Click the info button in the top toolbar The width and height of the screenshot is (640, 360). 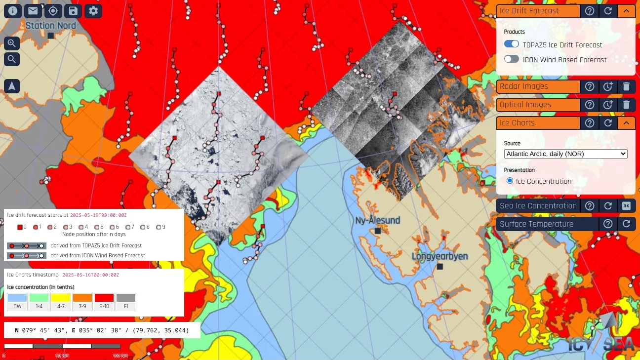pyautogui.click(x=13, y=10)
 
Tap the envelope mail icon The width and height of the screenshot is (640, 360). pyautogui.click(x=33, y=10)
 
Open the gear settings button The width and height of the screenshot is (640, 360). pyautogui.click(x=93, y=10)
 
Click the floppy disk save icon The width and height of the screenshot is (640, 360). pyautogui.click(x=73, y=10)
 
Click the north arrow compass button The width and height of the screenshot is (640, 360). pyautogui.click(x=12, y=86)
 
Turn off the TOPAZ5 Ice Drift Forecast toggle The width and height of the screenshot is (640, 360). pyautogui.click(x=512, y=44)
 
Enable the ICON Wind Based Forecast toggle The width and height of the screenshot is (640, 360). pyautogui.click(x=512, y=59)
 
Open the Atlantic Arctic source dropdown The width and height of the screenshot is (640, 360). pyautogui.click(x=565, y=154)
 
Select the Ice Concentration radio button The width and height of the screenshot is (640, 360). pyautogui.click(x=510, y=181)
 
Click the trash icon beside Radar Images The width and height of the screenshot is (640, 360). pyautogui.click(x=626, y=86)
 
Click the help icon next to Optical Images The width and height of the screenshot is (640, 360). pyautogui.click(x=590, y=105)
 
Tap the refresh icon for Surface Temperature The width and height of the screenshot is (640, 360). pyautogui.click(x=626, y=224)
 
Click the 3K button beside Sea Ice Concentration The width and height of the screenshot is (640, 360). pyautogui.click(x=626, y=206)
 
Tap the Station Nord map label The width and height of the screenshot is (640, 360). pyautogui.click(x=51, y=26)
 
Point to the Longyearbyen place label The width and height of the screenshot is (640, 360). pyautogui.click(x=440, y=257)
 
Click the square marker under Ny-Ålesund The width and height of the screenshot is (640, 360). pyautogui.click(x=378, y=231)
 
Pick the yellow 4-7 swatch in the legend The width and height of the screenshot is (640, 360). pyautogui.click(x=61, y=298)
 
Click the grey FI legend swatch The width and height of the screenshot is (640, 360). pyautogui.click(x=126, y=298)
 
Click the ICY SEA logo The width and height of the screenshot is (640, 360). pyautogui.click(x=601, y=336)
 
